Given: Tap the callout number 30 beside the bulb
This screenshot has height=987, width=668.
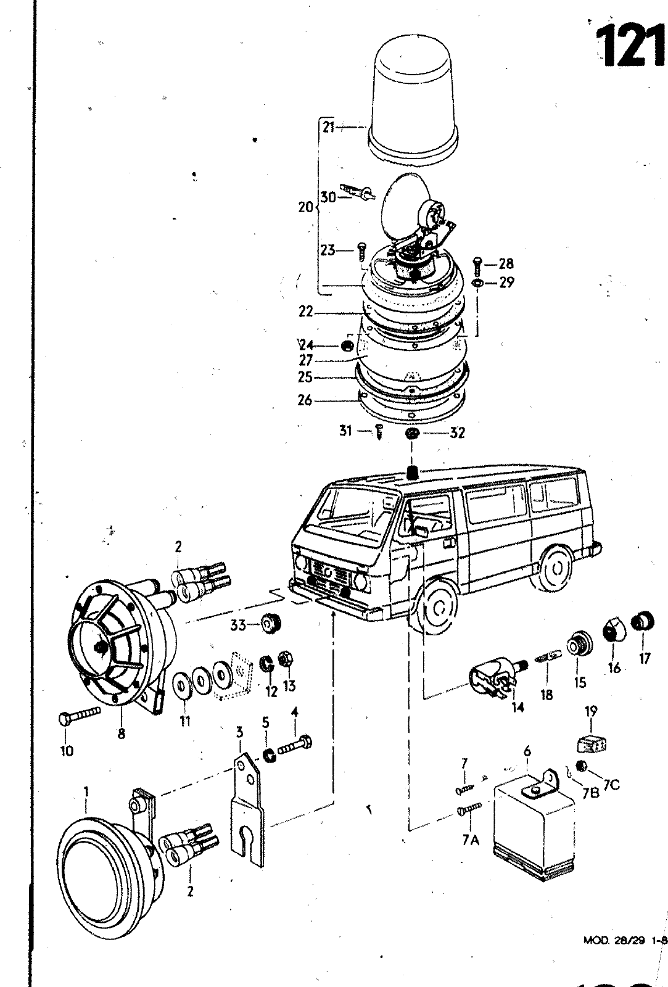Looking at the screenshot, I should pyautogui.click(x=328, y=197).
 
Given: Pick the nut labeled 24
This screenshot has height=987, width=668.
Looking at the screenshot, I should pyautogui.click(x=347, y=345).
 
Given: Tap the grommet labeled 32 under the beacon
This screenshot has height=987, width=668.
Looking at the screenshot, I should pyautogui.click(x=412, y=434).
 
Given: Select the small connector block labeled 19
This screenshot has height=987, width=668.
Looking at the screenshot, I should pyautogui.click(x=591, y=745).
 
